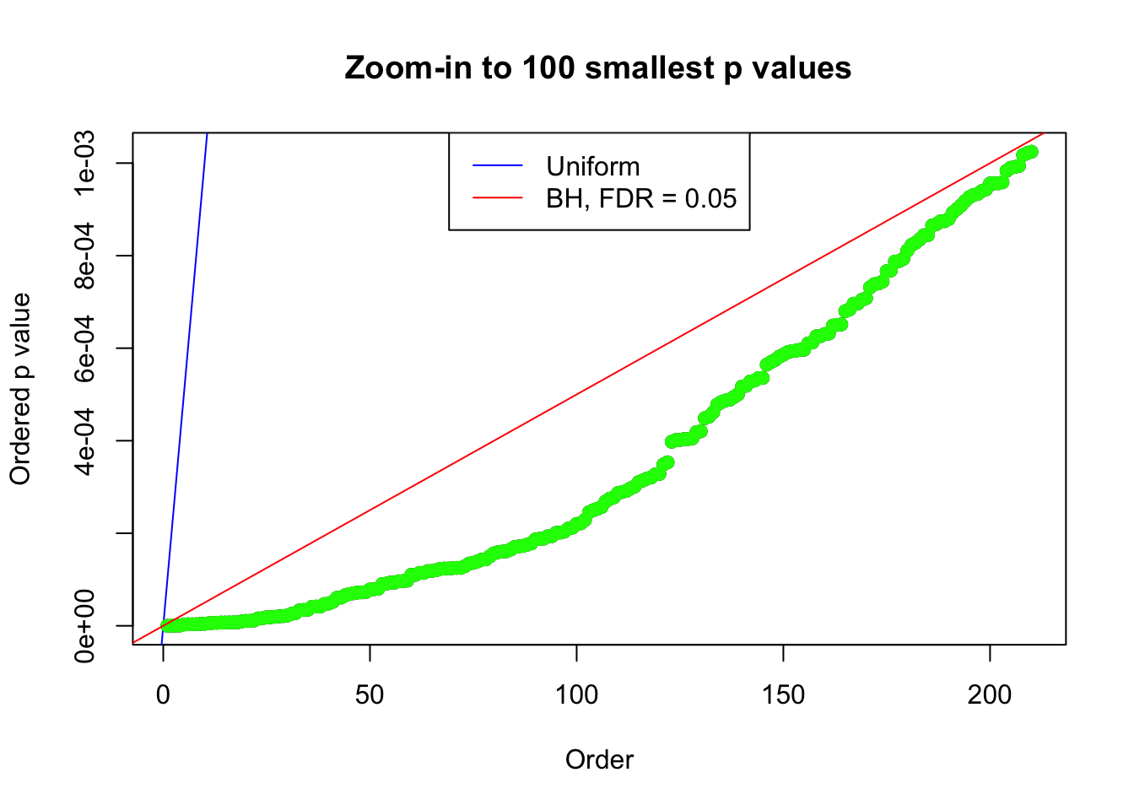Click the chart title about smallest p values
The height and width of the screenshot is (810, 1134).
597,68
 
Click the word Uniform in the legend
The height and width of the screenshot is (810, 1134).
592,166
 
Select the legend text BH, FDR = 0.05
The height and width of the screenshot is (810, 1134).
641,198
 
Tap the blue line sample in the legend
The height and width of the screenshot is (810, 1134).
497,166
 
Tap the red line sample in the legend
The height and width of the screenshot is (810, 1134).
497,198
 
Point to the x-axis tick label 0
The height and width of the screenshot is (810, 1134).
163,695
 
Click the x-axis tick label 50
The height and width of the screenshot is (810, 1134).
370,695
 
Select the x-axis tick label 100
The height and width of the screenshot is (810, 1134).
576,695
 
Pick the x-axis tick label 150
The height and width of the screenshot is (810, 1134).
783,695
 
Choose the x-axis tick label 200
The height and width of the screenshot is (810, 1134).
989,695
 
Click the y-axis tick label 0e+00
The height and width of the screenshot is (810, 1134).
84,625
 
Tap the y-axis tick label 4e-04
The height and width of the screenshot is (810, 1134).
84,440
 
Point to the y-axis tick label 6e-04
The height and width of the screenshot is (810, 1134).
84,348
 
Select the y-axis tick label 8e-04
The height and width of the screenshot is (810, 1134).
84,256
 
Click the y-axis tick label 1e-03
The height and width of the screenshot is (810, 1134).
84,163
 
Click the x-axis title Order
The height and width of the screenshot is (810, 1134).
599,759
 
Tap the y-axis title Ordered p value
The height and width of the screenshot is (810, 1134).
20,389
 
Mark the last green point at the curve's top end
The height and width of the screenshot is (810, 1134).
1030,152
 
